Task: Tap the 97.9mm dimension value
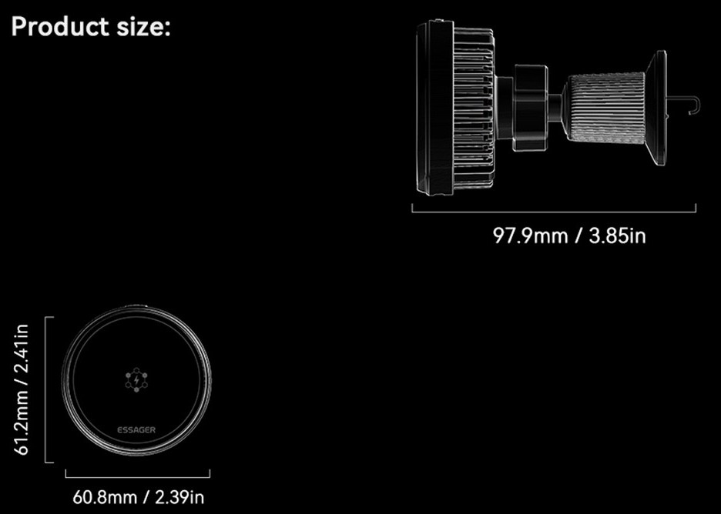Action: click(530, 235)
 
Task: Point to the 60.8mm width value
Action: click(105, 497)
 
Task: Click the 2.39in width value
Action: click(179, 497)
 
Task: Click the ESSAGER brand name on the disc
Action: click(136, 430)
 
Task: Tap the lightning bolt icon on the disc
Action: click(136, 379)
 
